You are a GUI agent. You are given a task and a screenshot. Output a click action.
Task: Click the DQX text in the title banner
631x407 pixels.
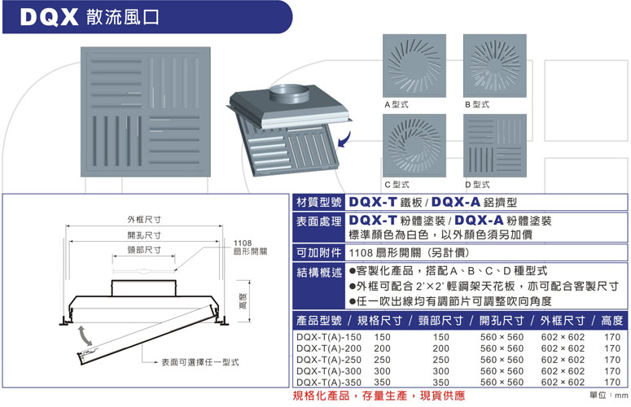tap(49, 17)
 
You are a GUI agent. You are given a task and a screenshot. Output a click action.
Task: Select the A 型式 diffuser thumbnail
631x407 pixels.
tap(414, 66)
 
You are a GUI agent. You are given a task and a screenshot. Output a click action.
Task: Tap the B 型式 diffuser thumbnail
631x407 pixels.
tap(494, 66)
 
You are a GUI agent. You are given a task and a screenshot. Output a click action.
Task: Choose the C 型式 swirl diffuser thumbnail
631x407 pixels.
tap(414, 146)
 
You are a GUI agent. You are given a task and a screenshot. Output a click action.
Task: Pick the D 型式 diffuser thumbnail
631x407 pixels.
tap(494, 146)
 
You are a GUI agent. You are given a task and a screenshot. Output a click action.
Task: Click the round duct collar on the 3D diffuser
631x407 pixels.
tap(289, 94)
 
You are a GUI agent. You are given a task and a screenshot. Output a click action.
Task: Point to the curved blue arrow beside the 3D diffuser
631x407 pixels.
tap(344, 139)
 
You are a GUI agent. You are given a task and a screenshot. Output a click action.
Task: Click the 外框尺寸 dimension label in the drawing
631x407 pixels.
tap(144, 220)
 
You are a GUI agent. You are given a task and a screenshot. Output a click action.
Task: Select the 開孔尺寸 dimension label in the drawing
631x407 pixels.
tap(144, 235)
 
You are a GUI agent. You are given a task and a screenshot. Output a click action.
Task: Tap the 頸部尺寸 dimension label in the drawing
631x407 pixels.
tap(144, 250)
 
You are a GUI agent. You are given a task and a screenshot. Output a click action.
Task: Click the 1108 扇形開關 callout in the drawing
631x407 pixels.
tap(250, 247)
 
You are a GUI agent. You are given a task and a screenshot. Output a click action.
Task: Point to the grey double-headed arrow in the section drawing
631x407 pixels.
tap(85, 335)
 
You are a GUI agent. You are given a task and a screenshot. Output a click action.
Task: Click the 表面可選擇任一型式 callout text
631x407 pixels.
tap(200, 362)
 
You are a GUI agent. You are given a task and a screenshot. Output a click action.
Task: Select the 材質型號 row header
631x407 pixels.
tap(318, 202)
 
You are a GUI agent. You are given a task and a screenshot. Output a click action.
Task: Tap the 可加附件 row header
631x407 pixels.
tap(318, 252)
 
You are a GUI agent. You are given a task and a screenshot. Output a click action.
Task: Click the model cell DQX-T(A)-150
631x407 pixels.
tap(329, 337)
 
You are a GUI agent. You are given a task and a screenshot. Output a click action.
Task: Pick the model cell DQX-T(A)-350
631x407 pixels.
tap(329, 382)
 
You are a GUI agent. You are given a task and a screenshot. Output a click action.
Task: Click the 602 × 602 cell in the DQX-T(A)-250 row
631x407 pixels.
tap(563, 360)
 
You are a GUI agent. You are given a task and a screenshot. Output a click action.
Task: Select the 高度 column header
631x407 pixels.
tap(611, 321)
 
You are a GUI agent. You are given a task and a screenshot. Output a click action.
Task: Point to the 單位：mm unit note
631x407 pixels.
tap(608, 396)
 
